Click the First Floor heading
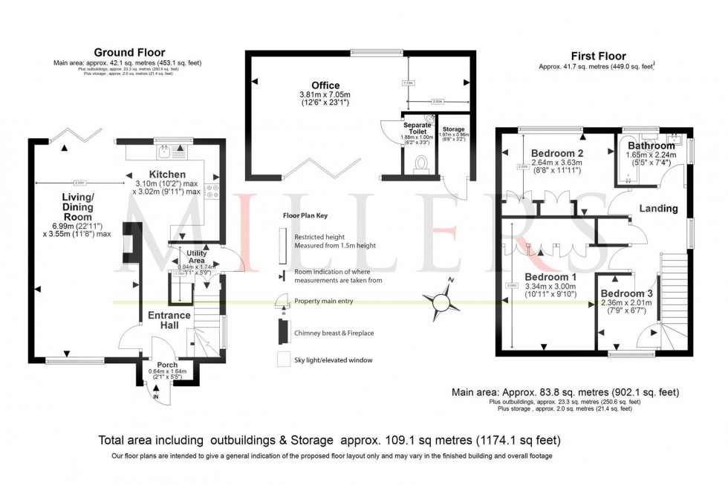click(x=598, y=56)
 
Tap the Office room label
click(x=326, y=85)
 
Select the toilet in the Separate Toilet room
click(x=421, y=163)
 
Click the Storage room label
click(x=453, y=129)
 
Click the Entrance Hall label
click(x=169, y=320)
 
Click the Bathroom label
click(x=651, y=146)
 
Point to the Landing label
click(x=658, y=209)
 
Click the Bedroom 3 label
click(x=628, y=294)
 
